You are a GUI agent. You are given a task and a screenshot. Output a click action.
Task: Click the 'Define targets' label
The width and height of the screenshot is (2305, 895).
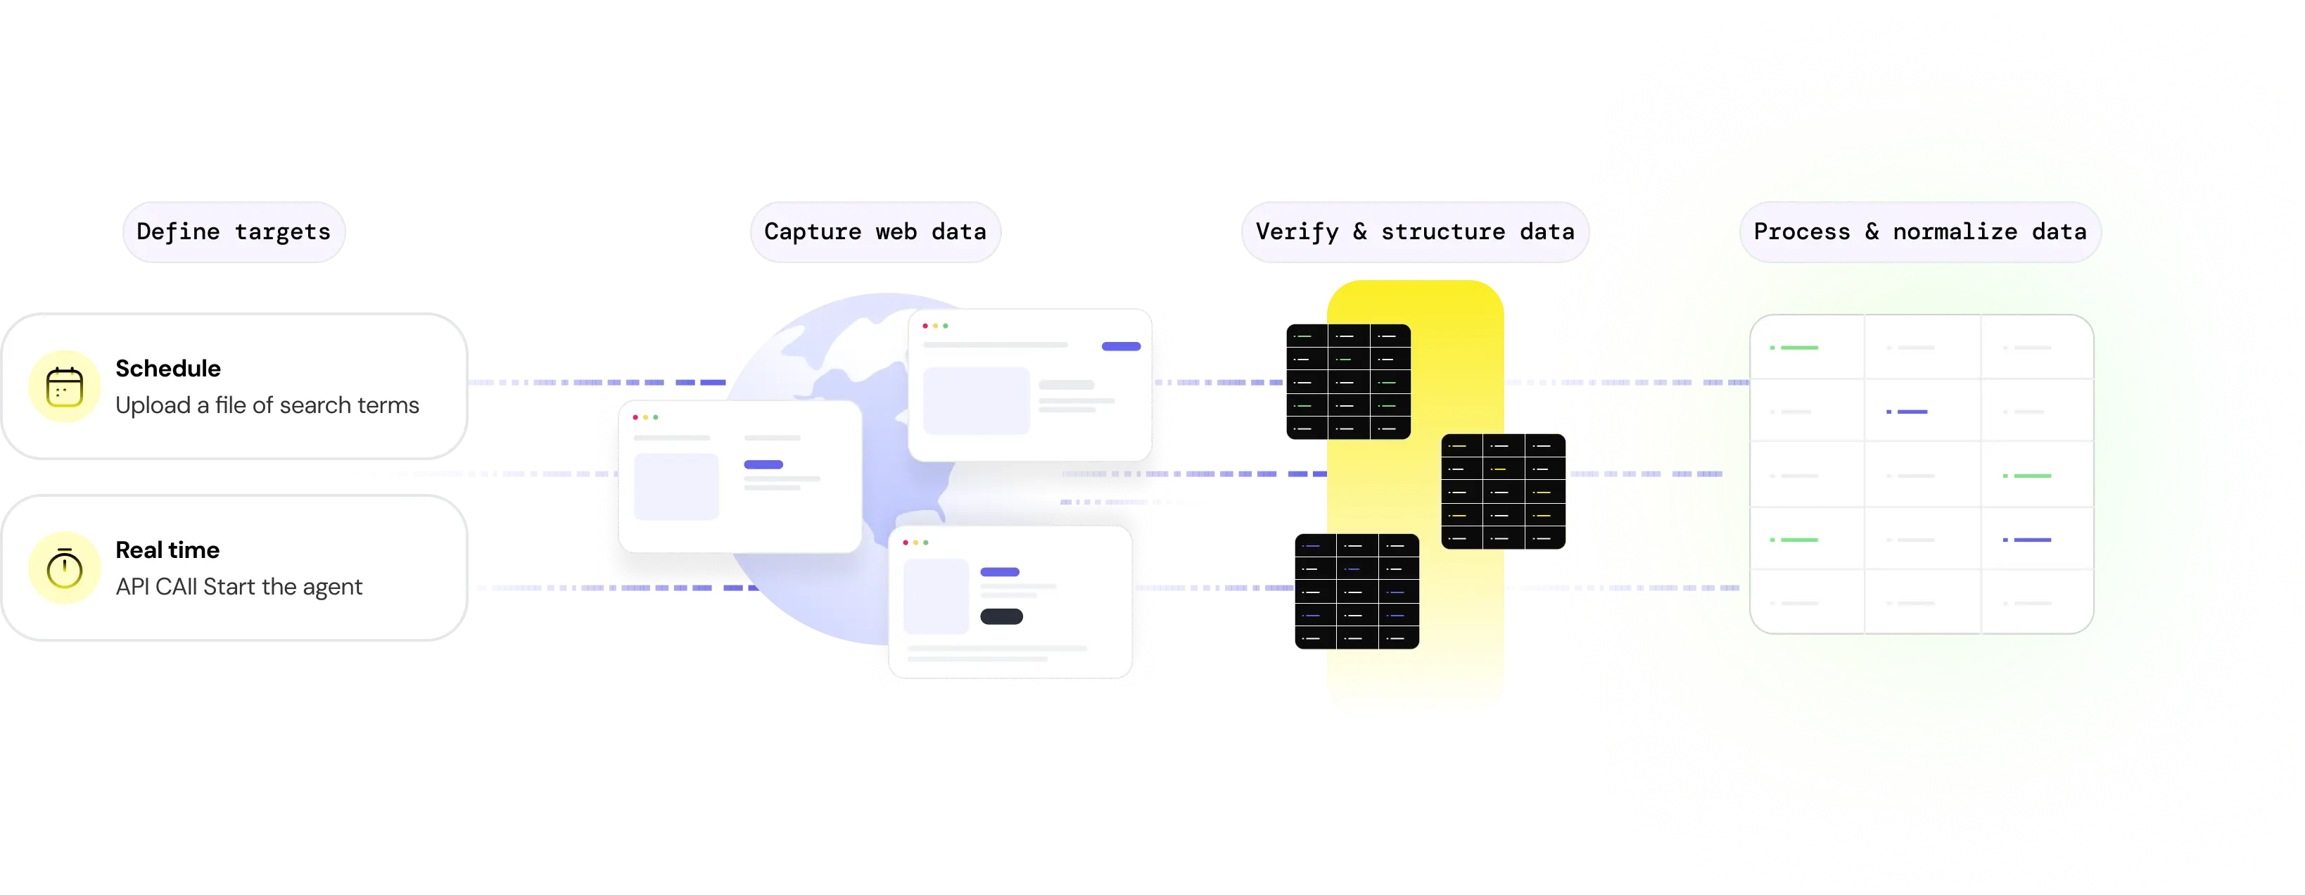pos(234,231)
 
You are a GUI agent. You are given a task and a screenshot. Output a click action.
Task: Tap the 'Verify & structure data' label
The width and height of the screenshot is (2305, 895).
pos(1414,231)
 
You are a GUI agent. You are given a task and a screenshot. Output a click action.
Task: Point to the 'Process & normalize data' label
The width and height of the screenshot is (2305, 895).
pos(1919,231)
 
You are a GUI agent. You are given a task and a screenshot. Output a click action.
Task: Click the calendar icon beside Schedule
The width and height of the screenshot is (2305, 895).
pos(65,387)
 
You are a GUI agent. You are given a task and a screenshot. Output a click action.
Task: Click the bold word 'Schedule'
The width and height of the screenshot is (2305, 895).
pos(168,369)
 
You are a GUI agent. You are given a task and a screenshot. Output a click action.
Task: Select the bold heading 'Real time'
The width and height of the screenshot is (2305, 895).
pos(167,550)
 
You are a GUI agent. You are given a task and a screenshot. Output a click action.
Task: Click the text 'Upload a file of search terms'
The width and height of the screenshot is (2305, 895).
pos(267,405)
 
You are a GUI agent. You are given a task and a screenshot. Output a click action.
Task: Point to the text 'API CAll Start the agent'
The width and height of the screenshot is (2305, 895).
pos(239,587)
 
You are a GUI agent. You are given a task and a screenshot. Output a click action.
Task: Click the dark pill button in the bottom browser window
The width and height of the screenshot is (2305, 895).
pos(1001,616)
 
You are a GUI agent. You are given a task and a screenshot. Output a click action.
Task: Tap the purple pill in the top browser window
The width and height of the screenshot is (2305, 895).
pos(1120,346)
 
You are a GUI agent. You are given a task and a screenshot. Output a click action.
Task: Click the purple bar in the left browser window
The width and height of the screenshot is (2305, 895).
pos(763,464)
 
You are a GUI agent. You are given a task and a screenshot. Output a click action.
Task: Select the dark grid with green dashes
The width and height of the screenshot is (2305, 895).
pos(1347,382)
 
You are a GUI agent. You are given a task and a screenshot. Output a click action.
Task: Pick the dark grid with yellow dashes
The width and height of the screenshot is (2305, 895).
pos(1504,491)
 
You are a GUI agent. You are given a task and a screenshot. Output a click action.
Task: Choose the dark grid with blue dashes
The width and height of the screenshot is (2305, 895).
pos(1357,591)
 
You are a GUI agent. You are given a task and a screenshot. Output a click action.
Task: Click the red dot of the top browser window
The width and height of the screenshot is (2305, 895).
pos(925,326)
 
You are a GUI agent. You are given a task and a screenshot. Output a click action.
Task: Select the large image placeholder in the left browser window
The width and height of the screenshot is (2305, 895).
pos(676,486)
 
